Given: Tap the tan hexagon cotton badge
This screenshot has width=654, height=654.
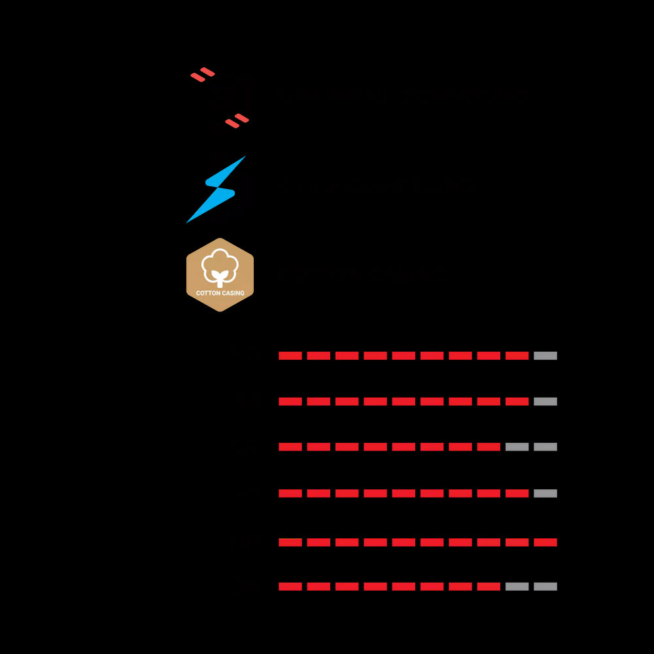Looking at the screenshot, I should pyautogui.click(x=220, y=275).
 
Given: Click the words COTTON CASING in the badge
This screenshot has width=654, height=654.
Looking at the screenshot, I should pyautogui.click(x=220, y=293).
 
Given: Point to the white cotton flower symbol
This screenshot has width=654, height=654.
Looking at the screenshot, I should pyautogui.click(x=220, y=266).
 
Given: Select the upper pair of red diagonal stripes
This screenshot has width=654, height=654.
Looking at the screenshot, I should pyautogui.click(x=203, y=75).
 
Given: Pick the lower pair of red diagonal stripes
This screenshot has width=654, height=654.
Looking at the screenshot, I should pyautogui.click(x=237, y=121).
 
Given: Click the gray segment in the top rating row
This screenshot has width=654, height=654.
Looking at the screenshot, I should pyautogui.click(x=545, y=356).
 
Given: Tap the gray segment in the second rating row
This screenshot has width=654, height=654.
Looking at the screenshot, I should pyautogui.click(x=545, y=402).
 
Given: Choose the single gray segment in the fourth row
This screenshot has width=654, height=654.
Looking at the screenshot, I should pyautogui.click(x=545, y=493).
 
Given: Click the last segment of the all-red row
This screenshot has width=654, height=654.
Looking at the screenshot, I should pyautogui.click(x=545, y=542).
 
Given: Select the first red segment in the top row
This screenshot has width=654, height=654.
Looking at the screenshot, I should pyautogui.click(x=290, y=356).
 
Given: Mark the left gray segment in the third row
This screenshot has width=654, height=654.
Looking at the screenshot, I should pyautogui.click(x=517, y=447).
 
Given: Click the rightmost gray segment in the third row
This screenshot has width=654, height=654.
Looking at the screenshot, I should pyautogui.click(x=545, y=447).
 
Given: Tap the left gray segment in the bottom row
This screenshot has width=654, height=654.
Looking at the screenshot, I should pyautogui.click(x=517, y=587).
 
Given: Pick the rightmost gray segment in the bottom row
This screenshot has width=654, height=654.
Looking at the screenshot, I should pyautogui.click(x=545, y=587).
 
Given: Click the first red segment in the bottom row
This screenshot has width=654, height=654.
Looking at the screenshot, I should pyautogui.click(x=290, y=587).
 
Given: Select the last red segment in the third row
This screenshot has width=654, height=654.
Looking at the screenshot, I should pyautogui.click(x=489, y=447).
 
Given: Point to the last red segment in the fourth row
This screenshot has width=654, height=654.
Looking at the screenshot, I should pyautogui.click(x=517, y=493).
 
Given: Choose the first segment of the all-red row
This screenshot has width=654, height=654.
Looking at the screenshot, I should pyautogui.click(x=290, y=542).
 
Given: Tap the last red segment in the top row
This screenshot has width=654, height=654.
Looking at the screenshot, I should pyautogui.click(x=517, y=356).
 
